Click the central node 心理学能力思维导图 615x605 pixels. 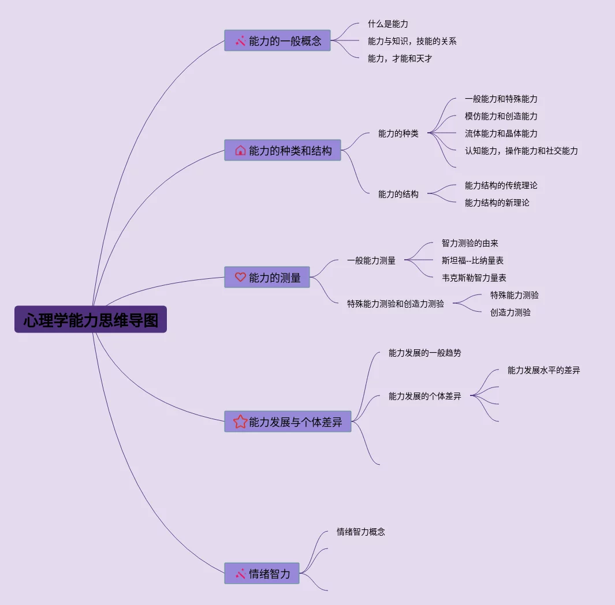[91, 320]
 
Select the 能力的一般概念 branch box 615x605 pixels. [277, 41]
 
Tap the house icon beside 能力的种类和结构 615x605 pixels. [240, 151]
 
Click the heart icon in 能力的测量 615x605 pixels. [240, 278]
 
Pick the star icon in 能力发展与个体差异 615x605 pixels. [240, 422]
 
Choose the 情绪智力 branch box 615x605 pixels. [262, 574]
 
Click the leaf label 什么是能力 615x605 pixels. [388, 24]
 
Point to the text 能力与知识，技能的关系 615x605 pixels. [412, 41]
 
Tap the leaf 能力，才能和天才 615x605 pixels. [400, 58]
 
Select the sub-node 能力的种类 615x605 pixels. [398, 133]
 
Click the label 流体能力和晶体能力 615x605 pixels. [501, 133]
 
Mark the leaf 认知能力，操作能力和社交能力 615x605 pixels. [521, 151]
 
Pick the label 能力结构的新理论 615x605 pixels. [497, 203]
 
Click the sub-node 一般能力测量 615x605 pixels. [371, 260]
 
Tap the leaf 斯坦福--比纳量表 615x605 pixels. [473, 260]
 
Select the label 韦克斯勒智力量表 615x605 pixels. [474, 278]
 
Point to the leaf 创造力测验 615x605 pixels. [510, 312]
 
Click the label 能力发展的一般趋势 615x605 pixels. [425, 353]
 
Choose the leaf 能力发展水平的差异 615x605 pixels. [544, 370]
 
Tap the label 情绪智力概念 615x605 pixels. [361, 532]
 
